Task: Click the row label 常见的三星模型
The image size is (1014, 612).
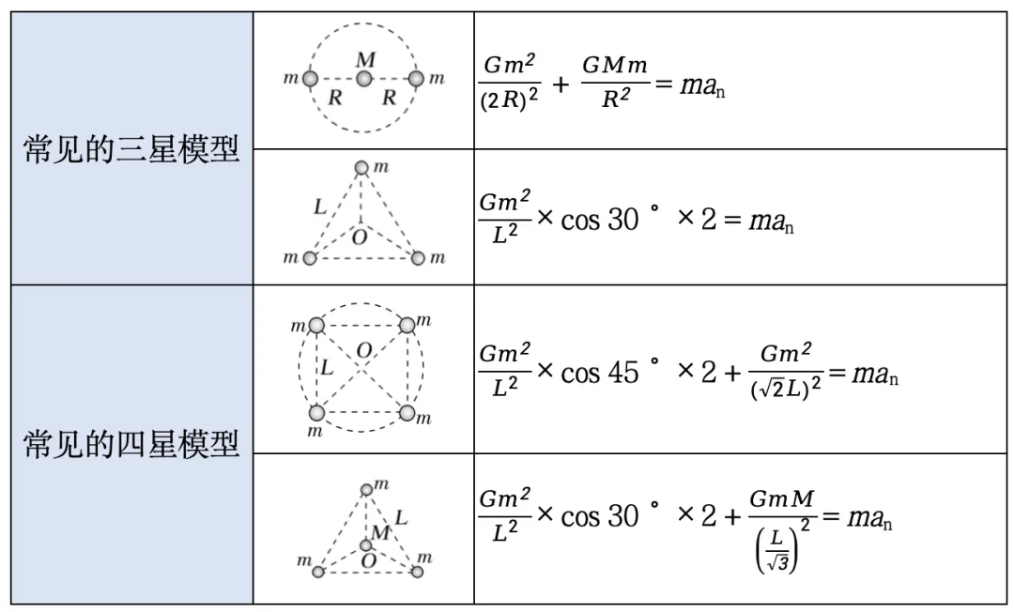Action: (x=131, y=150)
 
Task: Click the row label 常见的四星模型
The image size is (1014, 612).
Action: (x=131, y=444)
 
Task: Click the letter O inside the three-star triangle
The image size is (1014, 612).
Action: (x=359, y=237)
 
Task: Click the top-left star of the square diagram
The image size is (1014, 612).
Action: (x=316, y=326)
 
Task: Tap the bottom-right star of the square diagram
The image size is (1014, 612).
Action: (x=407, y=413)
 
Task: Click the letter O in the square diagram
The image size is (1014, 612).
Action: (x=363, y=351)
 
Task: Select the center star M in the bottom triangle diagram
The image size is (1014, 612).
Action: (x=366, y=545)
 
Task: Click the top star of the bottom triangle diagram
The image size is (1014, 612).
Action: (x=366, y=489)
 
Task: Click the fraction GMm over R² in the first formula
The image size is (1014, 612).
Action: (x=616, y=83)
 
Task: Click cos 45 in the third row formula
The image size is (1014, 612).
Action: (x=601, y=373)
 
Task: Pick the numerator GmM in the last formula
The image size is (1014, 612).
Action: (x=782, y=499)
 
